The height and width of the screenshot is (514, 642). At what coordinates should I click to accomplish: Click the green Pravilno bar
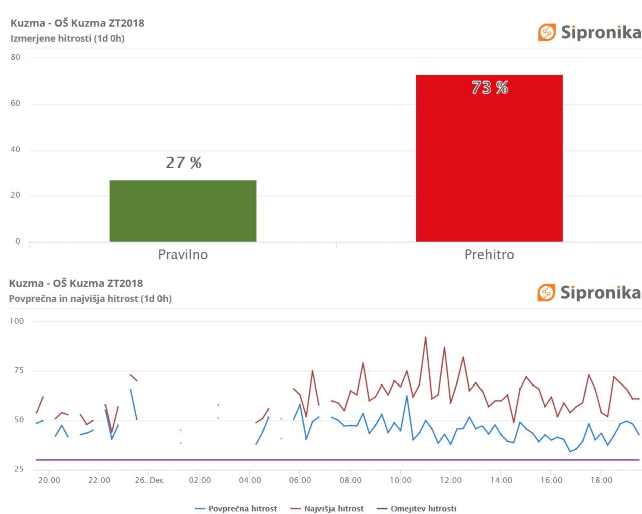pos(183,211)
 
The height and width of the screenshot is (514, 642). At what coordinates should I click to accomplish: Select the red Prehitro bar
pos(489,161)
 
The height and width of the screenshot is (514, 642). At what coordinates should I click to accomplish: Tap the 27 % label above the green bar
pos(184,163)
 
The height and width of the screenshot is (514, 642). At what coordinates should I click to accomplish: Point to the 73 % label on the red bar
pos(490,88)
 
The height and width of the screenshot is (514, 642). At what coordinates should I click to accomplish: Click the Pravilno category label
pos(183,254)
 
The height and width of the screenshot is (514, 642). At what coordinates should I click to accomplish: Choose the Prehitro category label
pos(489,254)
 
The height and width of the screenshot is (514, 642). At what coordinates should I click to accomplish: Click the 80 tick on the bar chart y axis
pos(16,57)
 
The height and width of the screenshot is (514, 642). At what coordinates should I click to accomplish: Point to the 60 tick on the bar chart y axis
pos(16,103)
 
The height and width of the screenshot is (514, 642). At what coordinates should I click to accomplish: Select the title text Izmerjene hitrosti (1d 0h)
pos(67,38)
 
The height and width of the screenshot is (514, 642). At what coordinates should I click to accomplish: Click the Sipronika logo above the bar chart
pos(589,32)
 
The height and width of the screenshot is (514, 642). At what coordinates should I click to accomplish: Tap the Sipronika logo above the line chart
pos(589,292)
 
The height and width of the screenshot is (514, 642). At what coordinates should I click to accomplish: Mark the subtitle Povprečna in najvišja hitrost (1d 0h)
pos(90,299)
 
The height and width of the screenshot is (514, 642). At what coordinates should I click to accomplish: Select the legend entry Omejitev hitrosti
pos(417,509)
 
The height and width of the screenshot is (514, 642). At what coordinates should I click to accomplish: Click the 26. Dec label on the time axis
pos(149,480)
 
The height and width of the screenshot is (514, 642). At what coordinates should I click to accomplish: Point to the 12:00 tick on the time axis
pos(451,480)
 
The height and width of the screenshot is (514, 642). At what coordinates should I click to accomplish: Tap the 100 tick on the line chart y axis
pos(17,321)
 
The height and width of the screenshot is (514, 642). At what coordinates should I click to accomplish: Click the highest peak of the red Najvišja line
pos(426,337)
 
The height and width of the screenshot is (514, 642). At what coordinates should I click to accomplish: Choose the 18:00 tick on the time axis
pos(601,480)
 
